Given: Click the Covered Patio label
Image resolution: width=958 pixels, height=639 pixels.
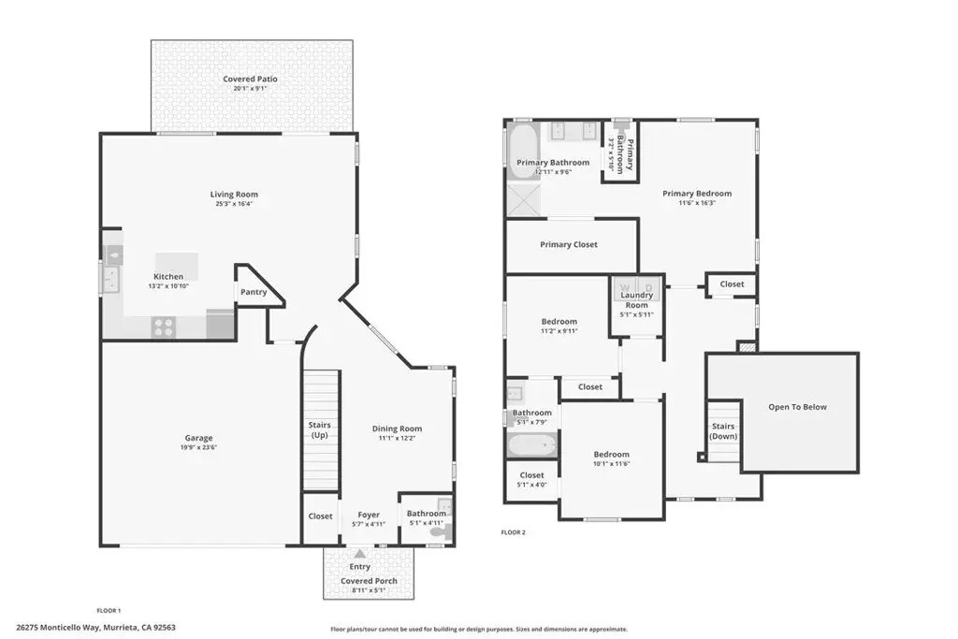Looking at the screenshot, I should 250,80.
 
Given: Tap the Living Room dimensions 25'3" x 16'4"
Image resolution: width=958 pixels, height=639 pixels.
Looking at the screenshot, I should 233,204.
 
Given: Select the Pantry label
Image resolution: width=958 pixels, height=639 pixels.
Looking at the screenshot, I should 254,292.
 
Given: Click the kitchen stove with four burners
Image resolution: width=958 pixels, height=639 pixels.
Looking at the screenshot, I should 165,327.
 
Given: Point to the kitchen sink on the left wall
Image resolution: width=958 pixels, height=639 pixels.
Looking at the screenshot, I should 111,278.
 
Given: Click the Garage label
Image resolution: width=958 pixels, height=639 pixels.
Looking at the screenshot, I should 198,438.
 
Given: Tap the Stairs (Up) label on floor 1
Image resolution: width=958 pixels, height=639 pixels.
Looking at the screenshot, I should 319,430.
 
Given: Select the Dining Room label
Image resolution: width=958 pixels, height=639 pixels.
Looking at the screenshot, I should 398,428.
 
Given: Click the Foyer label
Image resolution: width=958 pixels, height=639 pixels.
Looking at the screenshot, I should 369,515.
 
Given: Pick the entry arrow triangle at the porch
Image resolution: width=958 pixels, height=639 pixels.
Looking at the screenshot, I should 360,554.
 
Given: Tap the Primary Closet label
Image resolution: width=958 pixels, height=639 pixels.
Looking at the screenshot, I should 568,245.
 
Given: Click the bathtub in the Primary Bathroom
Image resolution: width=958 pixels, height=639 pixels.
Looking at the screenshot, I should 522,148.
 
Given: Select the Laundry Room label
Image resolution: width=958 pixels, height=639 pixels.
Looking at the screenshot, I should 636,300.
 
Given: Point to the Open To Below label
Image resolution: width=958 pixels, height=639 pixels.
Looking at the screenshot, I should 797,407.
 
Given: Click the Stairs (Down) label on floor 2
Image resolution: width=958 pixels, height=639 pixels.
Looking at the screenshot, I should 723,431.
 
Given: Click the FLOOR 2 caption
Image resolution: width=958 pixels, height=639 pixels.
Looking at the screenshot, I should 514,532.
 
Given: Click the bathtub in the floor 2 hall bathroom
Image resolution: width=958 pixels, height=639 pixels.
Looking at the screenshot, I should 531,445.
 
